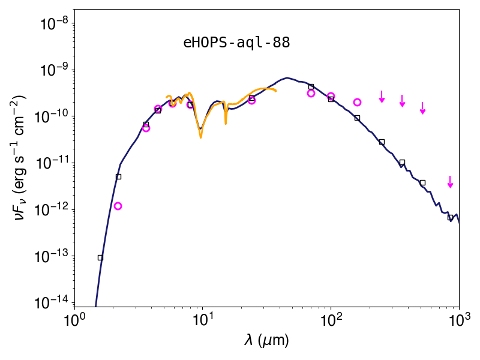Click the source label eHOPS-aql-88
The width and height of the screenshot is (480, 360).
point(236,43)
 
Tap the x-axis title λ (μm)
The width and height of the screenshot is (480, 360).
point(266,340)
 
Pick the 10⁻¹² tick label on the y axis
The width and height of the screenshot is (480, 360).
point(52,209)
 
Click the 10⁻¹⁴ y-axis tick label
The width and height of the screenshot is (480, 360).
point(52,303)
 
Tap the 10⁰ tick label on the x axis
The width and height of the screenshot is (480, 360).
point(74,320)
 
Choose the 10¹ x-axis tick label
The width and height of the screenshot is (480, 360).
point(202,320)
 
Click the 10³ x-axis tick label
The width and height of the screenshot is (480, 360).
point(459,320)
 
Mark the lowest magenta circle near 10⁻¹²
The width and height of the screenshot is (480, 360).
point(118,206)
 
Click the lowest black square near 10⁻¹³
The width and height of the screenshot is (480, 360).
point(100,258)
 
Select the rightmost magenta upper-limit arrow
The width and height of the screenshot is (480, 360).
point(450,182)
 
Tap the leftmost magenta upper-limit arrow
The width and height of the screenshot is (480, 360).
point(382,97)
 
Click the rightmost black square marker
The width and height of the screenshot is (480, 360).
point(451,218)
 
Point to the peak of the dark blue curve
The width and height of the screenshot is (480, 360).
point(287,78)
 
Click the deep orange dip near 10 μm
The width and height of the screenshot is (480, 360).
point(201,137)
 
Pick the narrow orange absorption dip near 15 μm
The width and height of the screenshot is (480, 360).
point(226,124)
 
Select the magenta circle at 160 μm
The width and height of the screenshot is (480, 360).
point(357,102)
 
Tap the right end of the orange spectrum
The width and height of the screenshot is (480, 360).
point(276,91)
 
